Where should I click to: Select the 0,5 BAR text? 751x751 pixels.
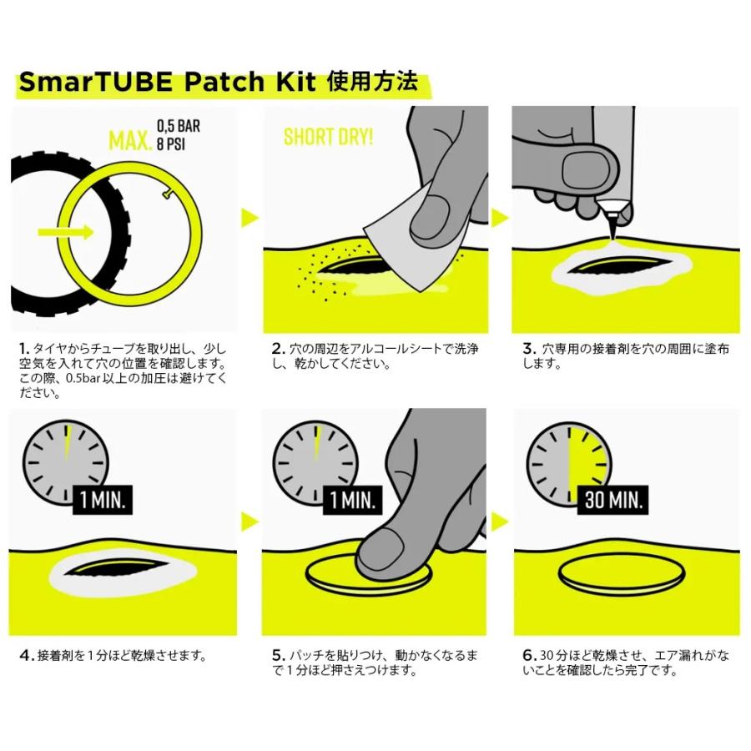click(x=179, y=128)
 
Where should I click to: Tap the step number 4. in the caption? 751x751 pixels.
click(x=26, y=655)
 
